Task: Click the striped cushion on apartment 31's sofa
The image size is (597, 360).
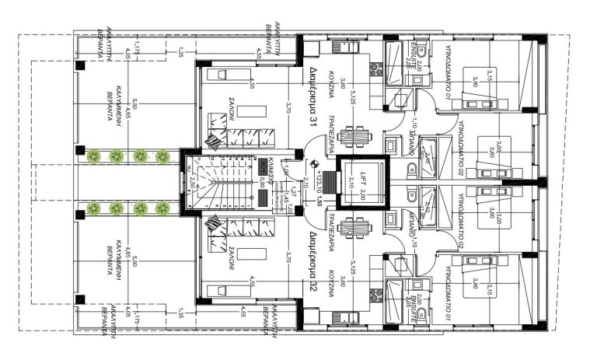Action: (x=212, y=138)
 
